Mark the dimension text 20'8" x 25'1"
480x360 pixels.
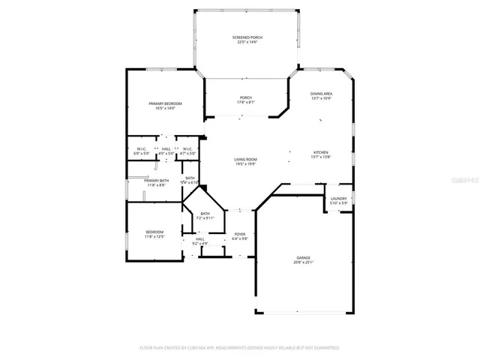tap(302, 262)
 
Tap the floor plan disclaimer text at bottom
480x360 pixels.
tap(240, 348)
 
